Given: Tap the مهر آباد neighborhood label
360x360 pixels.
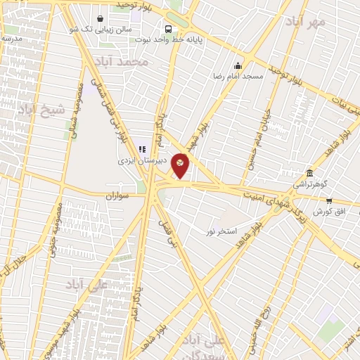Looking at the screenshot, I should pyautogui.click(x=306, y=22).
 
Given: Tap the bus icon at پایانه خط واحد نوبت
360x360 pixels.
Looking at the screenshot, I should pyautogui.click(x=168, y=30).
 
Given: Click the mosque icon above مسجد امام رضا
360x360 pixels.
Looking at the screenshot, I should pyautogui.click(x=239, y=65).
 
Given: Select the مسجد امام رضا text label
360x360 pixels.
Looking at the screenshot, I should pyautogui.click(x=238, y=75).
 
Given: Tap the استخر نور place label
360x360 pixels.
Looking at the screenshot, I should pyautogui.click(x=221, y=231).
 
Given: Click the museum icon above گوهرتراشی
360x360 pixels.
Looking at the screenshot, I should pyautogui.click(x=309, y=174).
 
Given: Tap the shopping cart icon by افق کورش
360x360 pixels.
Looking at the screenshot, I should pyautogui.click(x=328, y=201).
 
